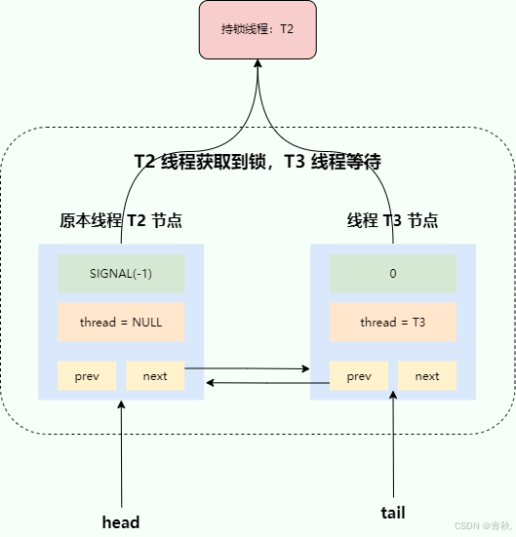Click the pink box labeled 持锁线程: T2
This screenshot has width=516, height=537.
pyautogui.click(x=258, y=29)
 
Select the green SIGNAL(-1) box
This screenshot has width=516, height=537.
pyautogui.click(x=121, y=274)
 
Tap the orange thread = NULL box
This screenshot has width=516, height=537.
pyautogui.click(x=121, y=323)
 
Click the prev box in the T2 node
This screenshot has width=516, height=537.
pyautogui.click(x=87, y=376)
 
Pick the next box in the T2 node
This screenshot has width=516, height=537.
pyautogui.click(x=155, y=376)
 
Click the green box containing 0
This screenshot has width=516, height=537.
pyautogui.click(x=392, y=274)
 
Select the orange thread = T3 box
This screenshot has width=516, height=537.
pyautogui.click(x=392, y=323)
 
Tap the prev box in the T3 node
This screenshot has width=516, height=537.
pyautogui.click(x=359, y=376)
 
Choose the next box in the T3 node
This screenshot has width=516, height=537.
pyautogui.click(x=426, y=376)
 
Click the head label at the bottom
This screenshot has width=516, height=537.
pyautogui.click(x=121, y=521)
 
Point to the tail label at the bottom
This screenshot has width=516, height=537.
pyautogui.click(x=392, y=513)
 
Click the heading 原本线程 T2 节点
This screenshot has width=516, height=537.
pyautogui.click(x=121, y=221)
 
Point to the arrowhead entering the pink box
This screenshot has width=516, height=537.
pyautogui.click(x=258, y=63)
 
